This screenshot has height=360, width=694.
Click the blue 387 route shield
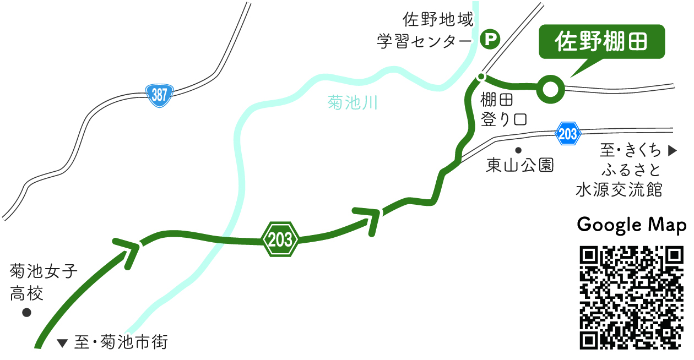159,95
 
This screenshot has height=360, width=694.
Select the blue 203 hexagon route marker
567,133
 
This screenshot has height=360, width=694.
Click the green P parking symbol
490,39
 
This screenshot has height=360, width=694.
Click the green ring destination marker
551,89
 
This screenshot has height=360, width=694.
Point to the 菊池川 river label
353,102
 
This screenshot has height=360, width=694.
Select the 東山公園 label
519,165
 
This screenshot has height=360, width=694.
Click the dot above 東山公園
518,150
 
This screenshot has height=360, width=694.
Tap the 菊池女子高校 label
44,282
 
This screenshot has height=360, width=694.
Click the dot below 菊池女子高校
26,313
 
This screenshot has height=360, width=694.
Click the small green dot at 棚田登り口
481,77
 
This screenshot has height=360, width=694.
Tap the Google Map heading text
631,225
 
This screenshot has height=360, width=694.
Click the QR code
632,298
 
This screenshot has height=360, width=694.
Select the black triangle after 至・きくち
671,150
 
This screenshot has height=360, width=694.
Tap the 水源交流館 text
619,190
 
